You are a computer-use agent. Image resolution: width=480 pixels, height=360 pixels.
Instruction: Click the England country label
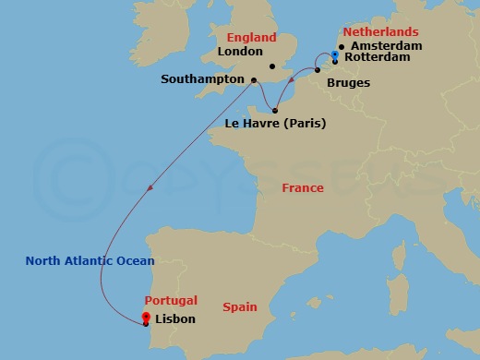click(x=252, y=38)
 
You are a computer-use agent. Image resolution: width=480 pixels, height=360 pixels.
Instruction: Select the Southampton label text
click(x=201, y=79)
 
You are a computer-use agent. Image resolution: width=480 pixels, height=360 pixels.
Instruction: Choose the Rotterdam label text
click(x=378, y=63)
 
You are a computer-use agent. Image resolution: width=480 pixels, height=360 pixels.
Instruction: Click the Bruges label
click(x=348, y=84)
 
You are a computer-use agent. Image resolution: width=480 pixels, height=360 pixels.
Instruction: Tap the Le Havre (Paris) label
click(x=277, y=123)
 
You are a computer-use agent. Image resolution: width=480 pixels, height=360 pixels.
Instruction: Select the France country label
click(x=303, y=188)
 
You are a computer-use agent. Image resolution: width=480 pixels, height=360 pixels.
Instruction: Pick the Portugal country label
click(x=171, y=302)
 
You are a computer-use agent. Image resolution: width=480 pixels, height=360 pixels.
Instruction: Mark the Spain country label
click(x=240, y=306)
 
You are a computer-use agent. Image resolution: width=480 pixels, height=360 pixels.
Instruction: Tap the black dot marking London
click(x=271, y=66)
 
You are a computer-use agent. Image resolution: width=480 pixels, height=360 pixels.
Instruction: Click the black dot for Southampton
click(x=254, y=80)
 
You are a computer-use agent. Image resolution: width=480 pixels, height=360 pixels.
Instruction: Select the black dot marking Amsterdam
click(x=342, y=47)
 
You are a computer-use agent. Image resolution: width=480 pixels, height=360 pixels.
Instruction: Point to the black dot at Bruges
click(x=318, y=70)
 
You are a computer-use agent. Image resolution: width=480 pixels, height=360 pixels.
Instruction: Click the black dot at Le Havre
click(x=275, y=111)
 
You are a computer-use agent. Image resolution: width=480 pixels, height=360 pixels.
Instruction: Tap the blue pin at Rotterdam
click(x=335, y=56)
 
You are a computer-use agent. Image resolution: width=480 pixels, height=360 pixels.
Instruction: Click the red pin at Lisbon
click(x=146, y=318)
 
